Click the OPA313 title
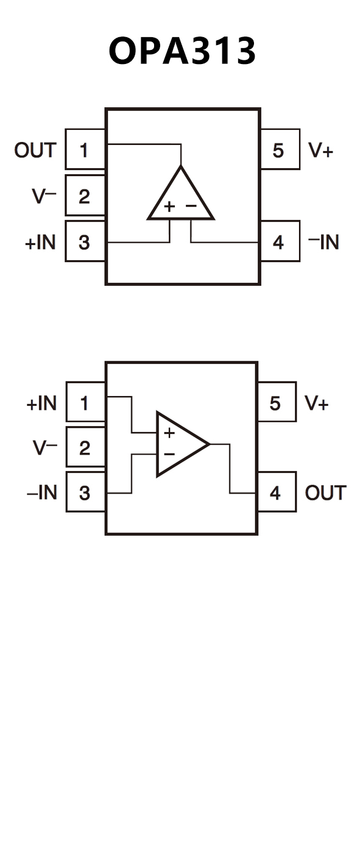coord(182,51)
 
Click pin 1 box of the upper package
coord(85,149)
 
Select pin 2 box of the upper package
coord(85,195)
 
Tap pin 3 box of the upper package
coord(85,241)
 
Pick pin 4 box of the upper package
coord(280,241)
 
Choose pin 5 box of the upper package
coord(280,149)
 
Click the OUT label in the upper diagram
coord(35,150)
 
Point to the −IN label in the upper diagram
coord(323,242)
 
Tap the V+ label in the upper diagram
coord(321,150)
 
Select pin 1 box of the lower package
coord(85,402)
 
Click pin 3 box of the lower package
coord(85,492)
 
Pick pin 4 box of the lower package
coord(277,492)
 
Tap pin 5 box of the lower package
coord(277,402)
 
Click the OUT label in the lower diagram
coord(326,493)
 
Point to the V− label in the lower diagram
coord(45,448)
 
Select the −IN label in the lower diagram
coord(42,492)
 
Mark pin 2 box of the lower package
coord(85,447)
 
